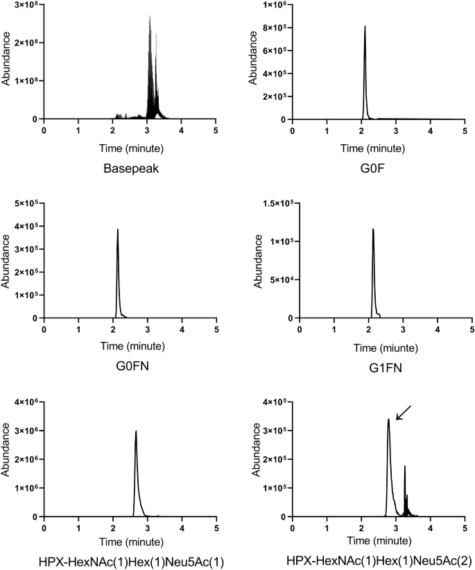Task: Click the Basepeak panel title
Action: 130,167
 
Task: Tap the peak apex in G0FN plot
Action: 118,230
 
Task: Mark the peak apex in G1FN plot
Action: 373,230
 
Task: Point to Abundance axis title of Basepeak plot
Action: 6,62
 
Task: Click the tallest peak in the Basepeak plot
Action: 150,17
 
